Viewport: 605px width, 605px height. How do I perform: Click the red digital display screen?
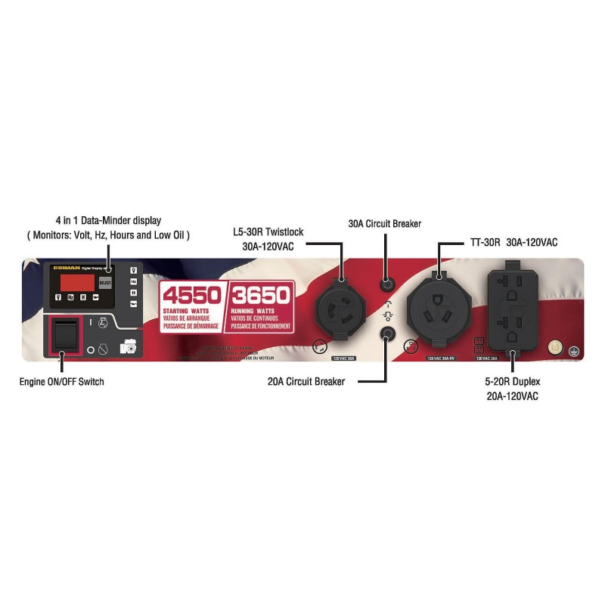77,283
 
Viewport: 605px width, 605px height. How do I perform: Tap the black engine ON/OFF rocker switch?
64,336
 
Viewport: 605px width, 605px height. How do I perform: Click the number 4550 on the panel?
190,295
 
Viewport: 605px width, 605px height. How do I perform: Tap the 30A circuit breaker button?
387,286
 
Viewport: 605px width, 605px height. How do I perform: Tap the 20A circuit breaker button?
388,333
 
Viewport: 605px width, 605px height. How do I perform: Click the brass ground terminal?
556,347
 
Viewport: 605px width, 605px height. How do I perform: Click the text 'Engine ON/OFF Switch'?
62,382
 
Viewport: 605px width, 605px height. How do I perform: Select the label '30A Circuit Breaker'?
384,224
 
